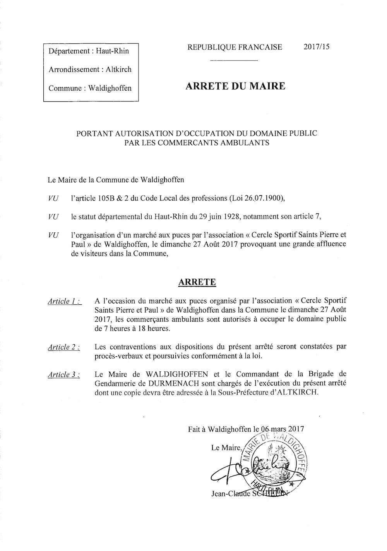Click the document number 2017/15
click(317, 47)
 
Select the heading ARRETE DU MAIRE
click(235, 86)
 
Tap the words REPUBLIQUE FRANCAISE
click(235, 47)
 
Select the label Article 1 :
click(64, 301)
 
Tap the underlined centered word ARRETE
click(197, 282)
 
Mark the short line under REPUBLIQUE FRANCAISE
click(234, 61)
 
